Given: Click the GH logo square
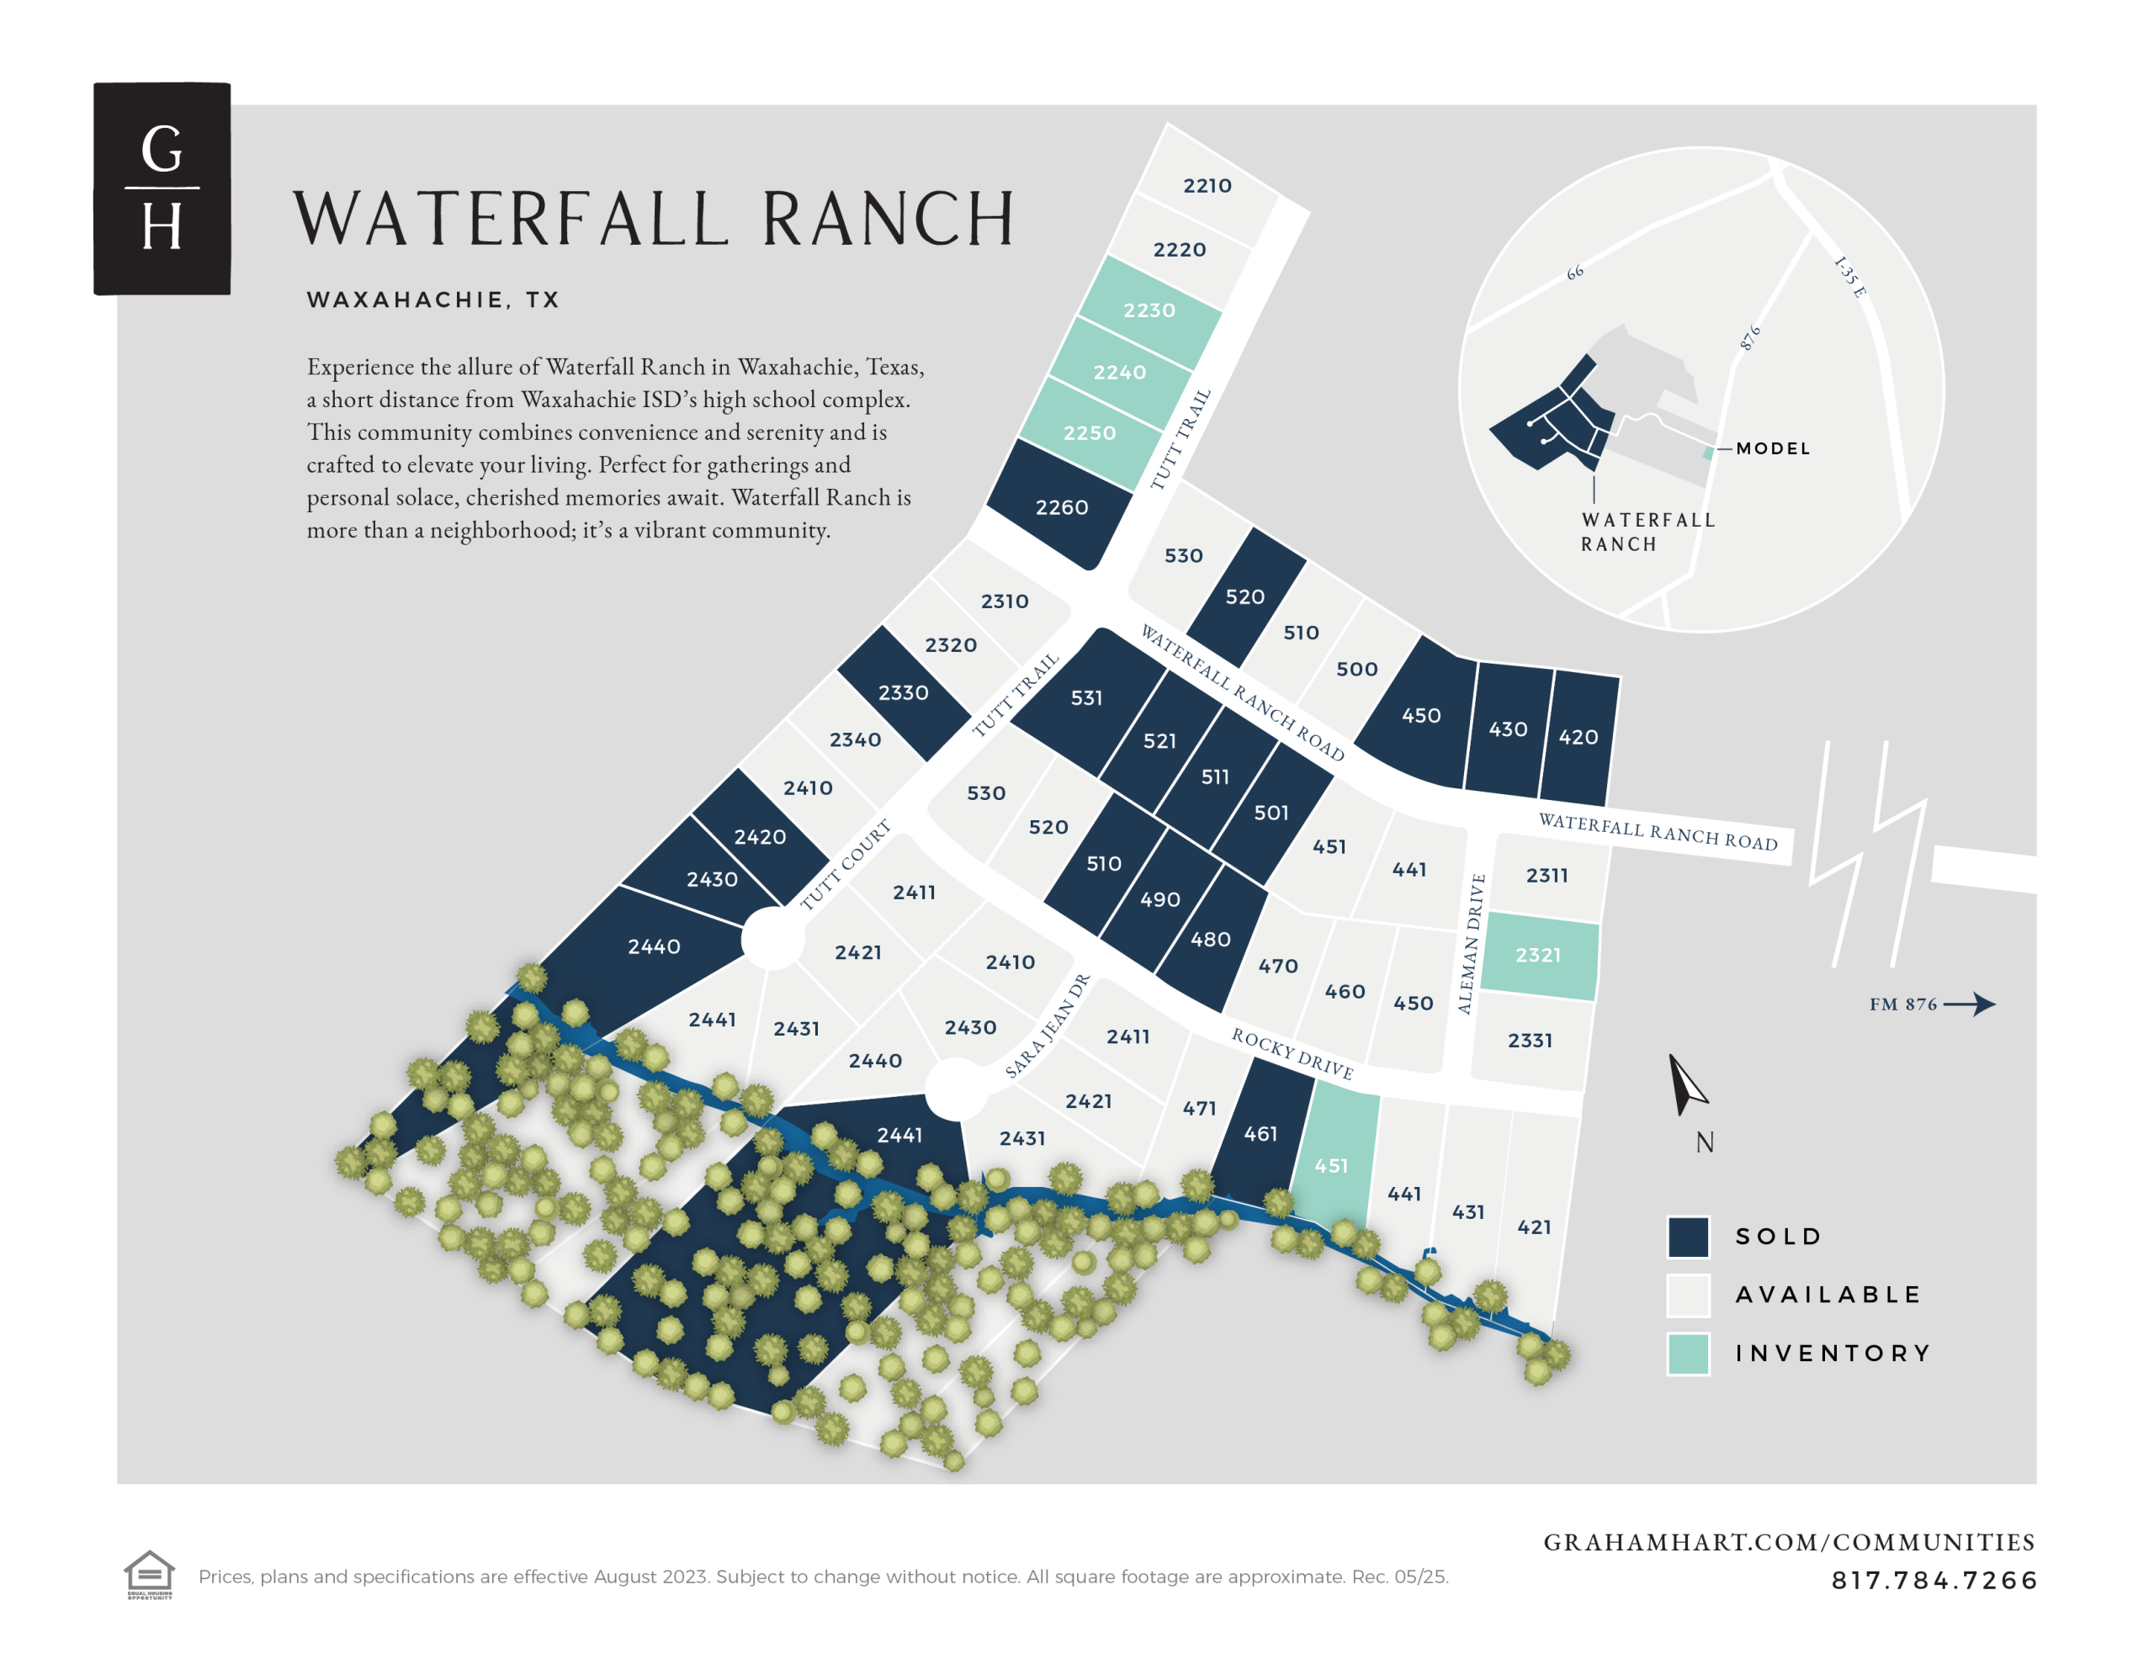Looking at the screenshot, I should (162, 188).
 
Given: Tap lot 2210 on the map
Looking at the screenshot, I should (1207, 185).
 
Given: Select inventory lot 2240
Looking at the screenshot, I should (1119, 372).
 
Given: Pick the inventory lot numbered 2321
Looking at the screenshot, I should (1537, 955).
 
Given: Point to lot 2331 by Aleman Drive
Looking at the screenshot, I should (1530, 1040).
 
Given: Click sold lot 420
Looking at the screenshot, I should (1578, 737).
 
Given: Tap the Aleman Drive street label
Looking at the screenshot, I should (1471, 944).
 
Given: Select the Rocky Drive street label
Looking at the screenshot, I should (1292, 1053).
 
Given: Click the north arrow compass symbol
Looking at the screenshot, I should (1684, 1085).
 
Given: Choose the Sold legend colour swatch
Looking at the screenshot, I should (1688, 1237).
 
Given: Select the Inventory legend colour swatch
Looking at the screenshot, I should (1688, 1354).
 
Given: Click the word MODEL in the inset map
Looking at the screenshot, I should (1772, 448).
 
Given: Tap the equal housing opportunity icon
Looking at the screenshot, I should (149, 1573).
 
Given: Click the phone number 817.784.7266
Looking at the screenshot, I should (1933, 1580).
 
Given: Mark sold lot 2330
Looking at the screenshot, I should (903, 692).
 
